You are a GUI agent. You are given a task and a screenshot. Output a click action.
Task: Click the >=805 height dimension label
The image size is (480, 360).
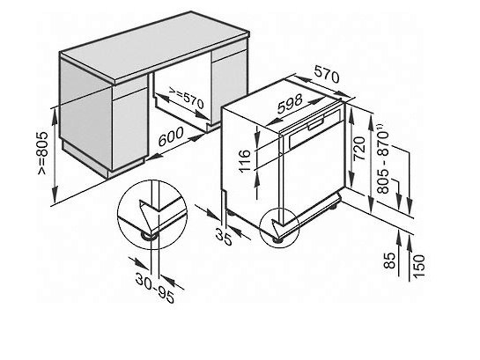(x=42, y=153)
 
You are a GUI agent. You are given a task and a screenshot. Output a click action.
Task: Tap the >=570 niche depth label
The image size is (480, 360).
(x=186, y=99)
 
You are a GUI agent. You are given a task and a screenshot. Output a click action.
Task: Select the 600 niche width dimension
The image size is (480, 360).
(x=171, y=136)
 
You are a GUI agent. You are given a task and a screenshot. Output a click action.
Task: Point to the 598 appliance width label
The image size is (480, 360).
(x=290, y=103)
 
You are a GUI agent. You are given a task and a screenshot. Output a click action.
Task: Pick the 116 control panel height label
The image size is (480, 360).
(x=245, y=161)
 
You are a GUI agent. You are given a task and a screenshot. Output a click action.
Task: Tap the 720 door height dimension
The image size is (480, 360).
(x=359, y=149)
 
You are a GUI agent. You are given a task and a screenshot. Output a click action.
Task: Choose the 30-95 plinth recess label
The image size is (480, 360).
(x=155, y=288)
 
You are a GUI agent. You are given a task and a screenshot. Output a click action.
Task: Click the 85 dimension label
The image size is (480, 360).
(x=389, y=261)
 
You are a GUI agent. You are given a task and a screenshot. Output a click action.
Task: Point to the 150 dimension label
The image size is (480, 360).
(x=418, y=266)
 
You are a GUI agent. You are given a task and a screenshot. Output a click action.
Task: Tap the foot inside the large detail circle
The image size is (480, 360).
(x=149, y=236)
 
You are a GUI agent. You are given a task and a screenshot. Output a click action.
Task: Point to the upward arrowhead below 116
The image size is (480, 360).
(x=258, y=180)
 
